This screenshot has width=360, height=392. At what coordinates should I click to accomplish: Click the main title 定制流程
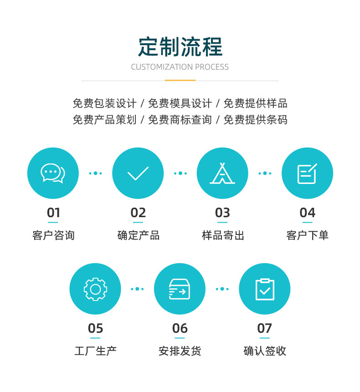click(x=180, y=46)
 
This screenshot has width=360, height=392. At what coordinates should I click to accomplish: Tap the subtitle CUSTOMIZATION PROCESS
click(x=180, y=67)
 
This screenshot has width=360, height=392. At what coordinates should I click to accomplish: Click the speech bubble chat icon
click(x=53, y=173)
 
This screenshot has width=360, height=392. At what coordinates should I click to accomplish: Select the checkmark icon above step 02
click(x=138, y=173)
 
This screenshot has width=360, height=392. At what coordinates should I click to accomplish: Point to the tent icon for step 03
click(x=222, y=173)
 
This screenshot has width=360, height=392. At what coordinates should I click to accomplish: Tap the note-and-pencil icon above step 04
click(x=307, y=173)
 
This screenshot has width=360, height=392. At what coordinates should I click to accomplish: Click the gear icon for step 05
click(x=95, y=289)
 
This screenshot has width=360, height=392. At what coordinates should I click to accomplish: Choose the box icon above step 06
click(x=180, y=289)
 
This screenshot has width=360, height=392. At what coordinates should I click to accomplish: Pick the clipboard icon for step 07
click(x=265, y=289)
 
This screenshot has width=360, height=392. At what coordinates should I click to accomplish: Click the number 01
click(x=53, y=213)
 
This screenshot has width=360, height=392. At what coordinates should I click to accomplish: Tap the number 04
click(x=307, y=213)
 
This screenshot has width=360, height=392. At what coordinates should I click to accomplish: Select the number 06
click(x=180, y=328)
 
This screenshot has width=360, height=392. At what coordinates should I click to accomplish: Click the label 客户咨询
click(x=53, y=235)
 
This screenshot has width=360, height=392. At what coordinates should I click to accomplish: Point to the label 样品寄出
click(x=223, y=235)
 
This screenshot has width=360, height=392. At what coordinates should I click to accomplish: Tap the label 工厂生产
click(x=95, y=351)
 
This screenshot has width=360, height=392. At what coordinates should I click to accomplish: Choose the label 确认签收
click(x=265, y=351)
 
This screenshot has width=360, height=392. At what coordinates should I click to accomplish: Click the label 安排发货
click(x=180, y=351)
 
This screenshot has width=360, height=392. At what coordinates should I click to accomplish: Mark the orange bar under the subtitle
click(x=180, y=81)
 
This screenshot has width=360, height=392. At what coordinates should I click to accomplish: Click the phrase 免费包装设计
click(x=104, y=103)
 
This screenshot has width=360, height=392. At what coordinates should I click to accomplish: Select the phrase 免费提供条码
click(x=256, y=120)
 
